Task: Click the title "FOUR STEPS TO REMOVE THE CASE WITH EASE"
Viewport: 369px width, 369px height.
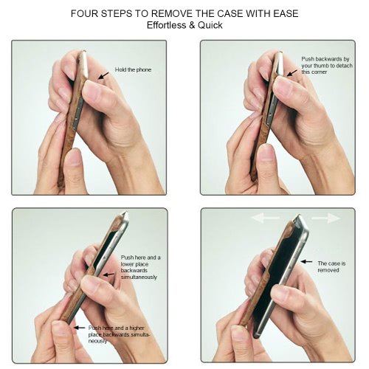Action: [x=184, y=13]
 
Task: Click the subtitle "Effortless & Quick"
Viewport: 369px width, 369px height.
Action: [x=184, y=25]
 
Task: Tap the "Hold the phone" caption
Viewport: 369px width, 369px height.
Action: [x=133, y=70]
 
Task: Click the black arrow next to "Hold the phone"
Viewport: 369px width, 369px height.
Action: [x=103, y=75]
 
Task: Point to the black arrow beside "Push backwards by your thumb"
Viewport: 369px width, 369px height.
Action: [x=292, y=73]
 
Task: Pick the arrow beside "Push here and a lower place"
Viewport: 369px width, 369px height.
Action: [x=108, y=275]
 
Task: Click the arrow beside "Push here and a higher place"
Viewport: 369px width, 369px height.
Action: [x=79, y=328]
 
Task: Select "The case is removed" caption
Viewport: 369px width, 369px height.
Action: [x=331, y=267]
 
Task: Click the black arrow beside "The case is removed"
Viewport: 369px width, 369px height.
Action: [x=307, y=262]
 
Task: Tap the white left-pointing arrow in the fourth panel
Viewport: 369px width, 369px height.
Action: [x=265, y=218]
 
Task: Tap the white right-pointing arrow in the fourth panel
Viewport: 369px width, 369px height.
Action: [x=326, y=218]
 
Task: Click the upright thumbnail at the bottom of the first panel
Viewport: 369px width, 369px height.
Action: [x=74, y=157]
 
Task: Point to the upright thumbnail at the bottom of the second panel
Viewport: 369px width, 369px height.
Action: [x=267, y=153]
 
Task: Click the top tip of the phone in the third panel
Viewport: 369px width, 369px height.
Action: [x=126, y=212]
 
